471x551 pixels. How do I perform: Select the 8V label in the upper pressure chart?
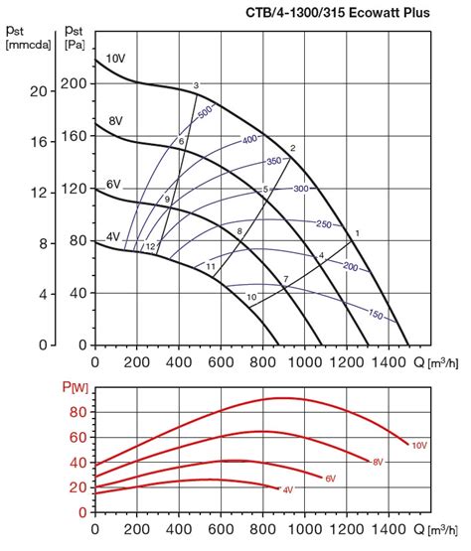pyautogui.click(x=114, y=120)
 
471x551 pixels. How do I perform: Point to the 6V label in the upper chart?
pyautogui.click(x=113, y=185)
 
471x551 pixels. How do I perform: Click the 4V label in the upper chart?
pyautogui.click(x=113, y=236)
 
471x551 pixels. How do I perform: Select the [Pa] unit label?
pyautogui.click(x=74, y=46)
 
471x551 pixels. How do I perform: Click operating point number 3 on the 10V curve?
pyautogui.click(x=197, y=85)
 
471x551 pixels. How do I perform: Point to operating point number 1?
pyautogui.click(x=356, y=232)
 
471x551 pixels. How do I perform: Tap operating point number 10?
pyautogui.click(x=251, y=297)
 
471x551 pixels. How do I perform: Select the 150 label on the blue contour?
pyautogui.click(x=376, y=315)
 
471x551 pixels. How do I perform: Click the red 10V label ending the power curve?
pyautogui.click(x=419, y=445)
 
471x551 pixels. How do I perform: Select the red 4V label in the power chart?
pyautogui.click(x=288, y=489)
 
